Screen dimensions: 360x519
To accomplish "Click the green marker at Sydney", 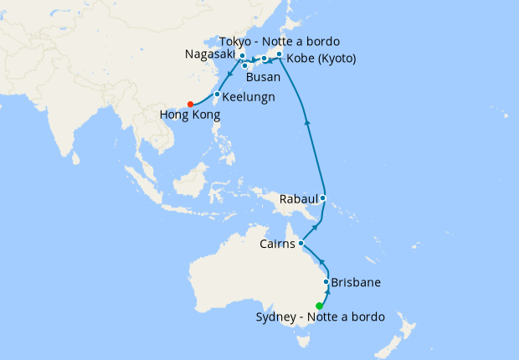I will tap(319, 305).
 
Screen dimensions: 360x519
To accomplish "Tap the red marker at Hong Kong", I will tap(191, 104).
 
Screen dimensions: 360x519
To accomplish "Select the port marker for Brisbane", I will tap(326, 282).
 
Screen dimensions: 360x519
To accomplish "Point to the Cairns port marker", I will tap(301, 244).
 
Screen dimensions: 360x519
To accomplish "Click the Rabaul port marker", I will tap(323, 199).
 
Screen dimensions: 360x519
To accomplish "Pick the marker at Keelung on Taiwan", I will tap(217, 95).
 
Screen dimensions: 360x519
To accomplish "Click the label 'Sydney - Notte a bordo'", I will tap(321, 317).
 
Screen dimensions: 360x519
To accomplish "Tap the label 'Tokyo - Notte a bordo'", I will tap(280, 42).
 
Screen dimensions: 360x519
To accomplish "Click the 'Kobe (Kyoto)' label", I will tap(321, 59).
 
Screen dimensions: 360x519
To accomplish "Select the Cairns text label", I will tap(277, 244).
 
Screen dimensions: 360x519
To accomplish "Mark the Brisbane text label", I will tap(357, 282).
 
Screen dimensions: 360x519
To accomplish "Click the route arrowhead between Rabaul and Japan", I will tap(308, 121).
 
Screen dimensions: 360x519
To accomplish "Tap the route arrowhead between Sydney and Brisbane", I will tap(323, 294).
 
